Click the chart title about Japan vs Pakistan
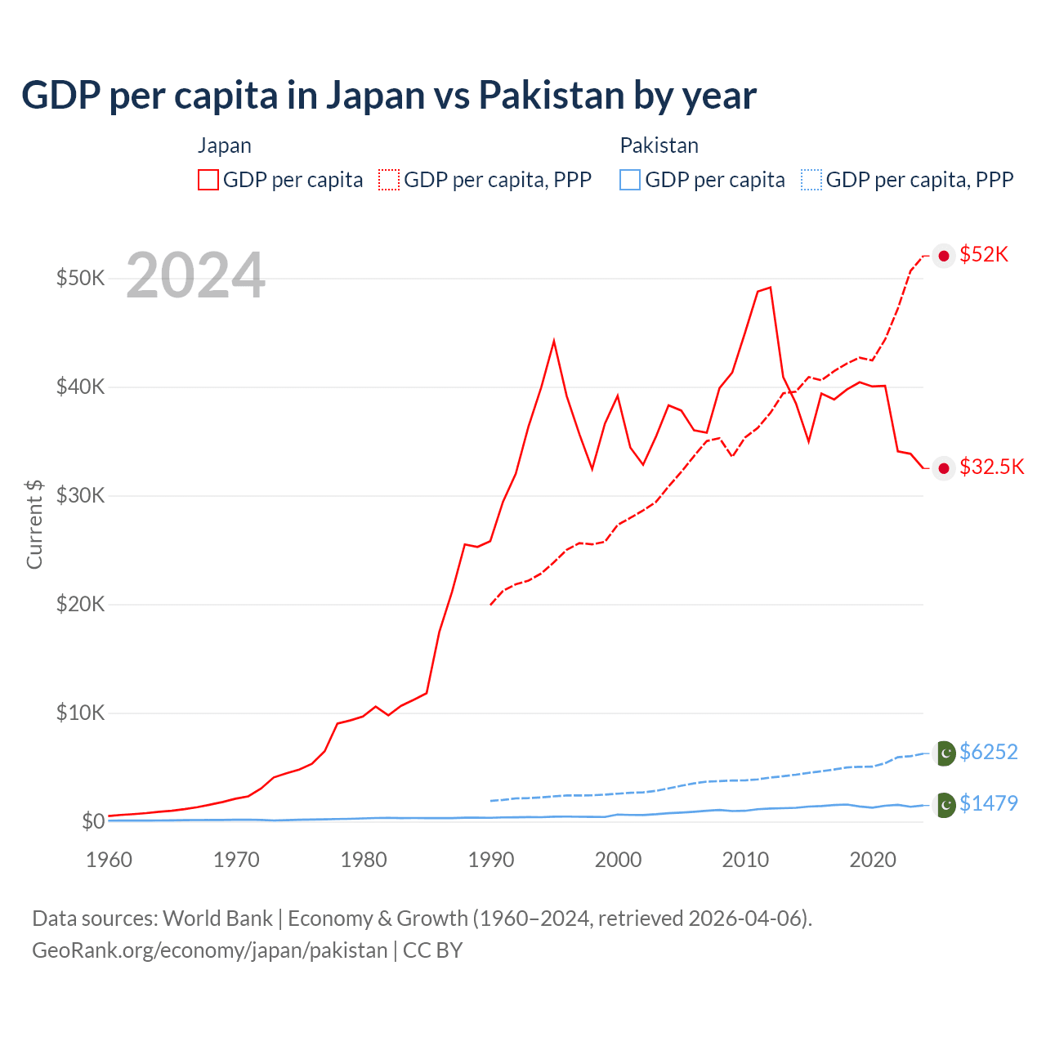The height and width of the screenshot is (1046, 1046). point(389,96)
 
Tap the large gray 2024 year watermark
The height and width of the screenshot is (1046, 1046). point(195,275)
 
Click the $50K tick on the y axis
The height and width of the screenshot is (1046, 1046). point(80,278)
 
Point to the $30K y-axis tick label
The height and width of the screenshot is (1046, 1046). point(80,495)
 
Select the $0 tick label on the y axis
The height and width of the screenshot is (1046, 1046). point(93,821)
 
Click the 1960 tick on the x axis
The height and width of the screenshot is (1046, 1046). point(109,860)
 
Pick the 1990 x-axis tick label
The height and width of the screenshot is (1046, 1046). point(491,860)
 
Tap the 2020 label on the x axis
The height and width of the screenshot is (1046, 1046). point(873,860)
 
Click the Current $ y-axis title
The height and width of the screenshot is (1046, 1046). point(34,524)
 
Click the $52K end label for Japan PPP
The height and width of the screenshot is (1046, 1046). point(984,255)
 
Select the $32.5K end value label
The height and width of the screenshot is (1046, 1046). point(991,467)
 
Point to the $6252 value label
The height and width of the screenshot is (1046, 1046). point(988,752)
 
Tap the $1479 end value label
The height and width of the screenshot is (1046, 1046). point(988,803)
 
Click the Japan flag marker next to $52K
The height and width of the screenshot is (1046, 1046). point(944,256)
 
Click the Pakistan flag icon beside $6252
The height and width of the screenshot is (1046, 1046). point(945,753)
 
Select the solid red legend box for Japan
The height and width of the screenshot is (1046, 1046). point(208,180)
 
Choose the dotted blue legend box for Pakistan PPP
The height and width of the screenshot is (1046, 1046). point(811,180)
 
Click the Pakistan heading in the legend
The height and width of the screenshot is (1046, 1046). point(659,145)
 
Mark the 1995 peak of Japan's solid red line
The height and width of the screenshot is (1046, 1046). point(554,340)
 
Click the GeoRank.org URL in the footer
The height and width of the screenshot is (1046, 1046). point(209,950)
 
